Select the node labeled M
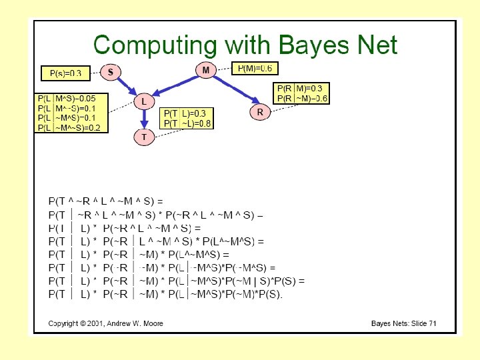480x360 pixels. click(205, 69)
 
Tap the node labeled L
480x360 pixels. click(143, 102)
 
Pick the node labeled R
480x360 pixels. click(259, 113)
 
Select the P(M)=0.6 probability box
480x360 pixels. click(255, 68)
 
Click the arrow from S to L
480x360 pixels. click(127, 86)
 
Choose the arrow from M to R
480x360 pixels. click(233, 91)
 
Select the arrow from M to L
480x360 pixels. click(175, 85)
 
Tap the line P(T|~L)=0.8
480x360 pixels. click(187, 123)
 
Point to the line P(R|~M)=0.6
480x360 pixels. click(302, 99)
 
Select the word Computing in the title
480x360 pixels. click(153, 45)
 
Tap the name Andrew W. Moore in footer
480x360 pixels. click(132, 323)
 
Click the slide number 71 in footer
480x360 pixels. click(432, 323)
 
